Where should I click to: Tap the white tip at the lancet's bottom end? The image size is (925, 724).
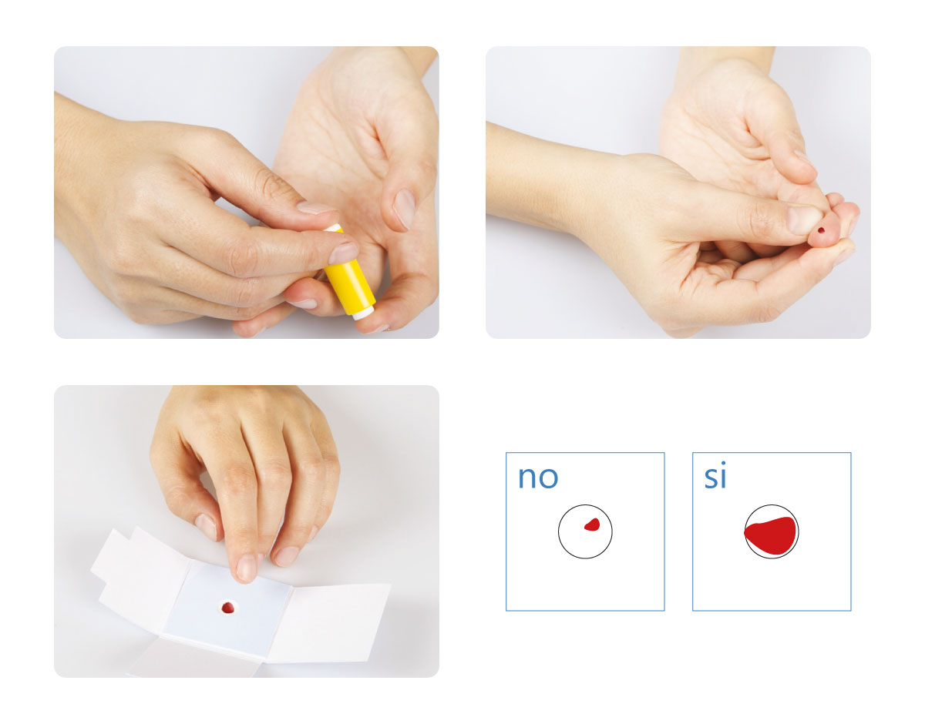363,313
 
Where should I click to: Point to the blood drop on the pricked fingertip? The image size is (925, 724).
821,230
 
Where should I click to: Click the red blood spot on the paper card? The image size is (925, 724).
228,608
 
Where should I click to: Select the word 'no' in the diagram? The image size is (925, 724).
537,477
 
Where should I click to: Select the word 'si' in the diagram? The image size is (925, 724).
715,475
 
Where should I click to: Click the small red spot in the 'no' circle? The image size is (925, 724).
592,525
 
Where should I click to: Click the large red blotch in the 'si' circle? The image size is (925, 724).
770,535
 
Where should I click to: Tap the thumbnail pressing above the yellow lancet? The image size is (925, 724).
315,208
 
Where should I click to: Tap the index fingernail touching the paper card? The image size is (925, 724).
246,568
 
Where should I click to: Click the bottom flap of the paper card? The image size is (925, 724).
196,657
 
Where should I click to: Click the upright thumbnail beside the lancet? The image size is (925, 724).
404,209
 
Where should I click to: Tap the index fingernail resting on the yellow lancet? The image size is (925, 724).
343,253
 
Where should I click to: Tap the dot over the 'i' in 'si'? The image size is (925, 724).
723,464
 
